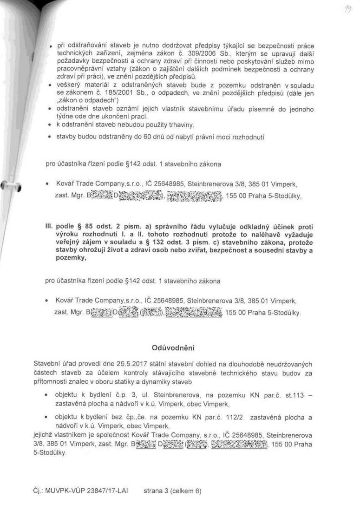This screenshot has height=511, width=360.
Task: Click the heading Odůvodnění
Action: pos(173,347)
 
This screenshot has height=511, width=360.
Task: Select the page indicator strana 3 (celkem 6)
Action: pos(172,490)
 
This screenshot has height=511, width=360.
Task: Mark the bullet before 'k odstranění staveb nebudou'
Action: pos(50,125)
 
